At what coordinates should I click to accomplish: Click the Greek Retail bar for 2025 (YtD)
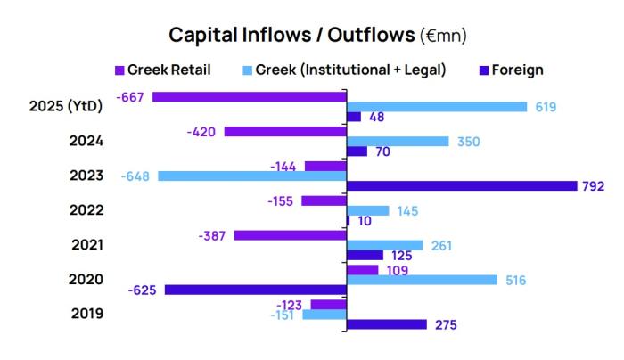pos(249,96)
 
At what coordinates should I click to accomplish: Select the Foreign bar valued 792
pos(461,186)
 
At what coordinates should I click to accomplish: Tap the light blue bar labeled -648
pos(251,176)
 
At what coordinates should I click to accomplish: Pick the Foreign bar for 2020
pos(255,290)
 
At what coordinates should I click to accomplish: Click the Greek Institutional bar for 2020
pos(421,280)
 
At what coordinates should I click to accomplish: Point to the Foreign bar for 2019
pos(386,324)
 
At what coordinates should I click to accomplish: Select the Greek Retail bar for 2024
pos(284,131)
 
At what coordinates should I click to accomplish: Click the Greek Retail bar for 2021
pos(290,235)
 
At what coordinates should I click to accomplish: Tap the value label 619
pos(546,107)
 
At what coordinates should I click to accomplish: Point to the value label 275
pos(446,325)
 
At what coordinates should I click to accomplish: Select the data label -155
pos(280,201)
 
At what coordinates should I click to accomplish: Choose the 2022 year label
pos(86,210)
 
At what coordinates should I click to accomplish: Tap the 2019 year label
pos(86,314)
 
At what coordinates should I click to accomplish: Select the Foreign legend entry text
pos(517,70)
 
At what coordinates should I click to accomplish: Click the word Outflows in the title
pos(366,36)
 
